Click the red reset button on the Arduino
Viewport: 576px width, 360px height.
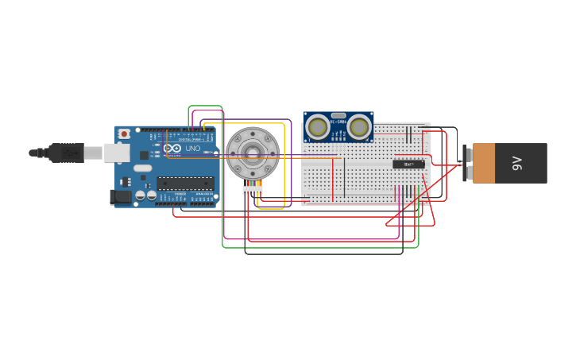click(124, 134)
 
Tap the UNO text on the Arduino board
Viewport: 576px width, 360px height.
click(193, 149)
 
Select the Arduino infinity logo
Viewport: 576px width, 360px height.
click(172, 149)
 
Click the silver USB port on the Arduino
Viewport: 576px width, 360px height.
click(116, 153)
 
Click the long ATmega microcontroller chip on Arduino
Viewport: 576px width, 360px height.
click(185, 183)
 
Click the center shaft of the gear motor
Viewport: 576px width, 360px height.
click(253, 153)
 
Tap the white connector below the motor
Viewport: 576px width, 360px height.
click(253, 189)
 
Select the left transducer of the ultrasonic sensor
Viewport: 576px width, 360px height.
click(318, 126)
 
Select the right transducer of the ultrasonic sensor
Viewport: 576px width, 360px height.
click(359, 126)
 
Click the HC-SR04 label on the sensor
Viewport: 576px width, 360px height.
click(338, 122)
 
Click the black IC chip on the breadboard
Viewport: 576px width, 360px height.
click(408, 165)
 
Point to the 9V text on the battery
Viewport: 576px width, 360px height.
click(517, 163)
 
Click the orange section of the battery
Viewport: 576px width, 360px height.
click(484, 163)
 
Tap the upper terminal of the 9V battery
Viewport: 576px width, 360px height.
click(466, 154)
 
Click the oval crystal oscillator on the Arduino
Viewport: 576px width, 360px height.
click(142, 168)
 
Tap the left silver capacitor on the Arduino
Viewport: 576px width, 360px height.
click(140, 195)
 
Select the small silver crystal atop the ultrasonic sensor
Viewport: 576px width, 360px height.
click(338, 115)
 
